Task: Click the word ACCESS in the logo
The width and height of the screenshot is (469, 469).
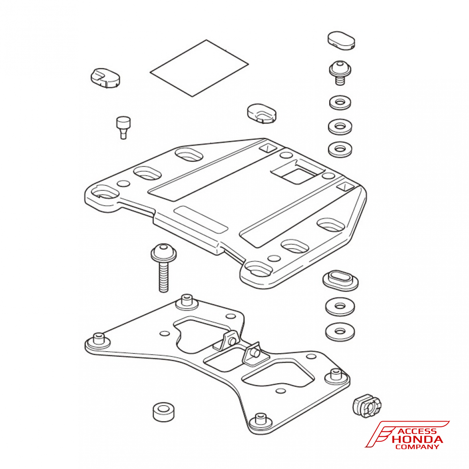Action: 417,431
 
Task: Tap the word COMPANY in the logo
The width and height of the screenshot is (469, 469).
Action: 417,447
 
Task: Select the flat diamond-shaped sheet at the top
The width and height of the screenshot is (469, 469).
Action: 199,68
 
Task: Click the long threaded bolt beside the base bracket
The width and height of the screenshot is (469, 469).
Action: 163,268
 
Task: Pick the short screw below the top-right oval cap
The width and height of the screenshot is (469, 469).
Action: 340,73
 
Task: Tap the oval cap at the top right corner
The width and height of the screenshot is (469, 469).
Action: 341,40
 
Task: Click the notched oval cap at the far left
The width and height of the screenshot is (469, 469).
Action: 105,78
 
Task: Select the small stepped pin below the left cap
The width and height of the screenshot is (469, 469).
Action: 123,128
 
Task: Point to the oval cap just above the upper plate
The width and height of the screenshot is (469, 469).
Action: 262,113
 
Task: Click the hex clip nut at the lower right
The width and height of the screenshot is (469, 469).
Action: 367,406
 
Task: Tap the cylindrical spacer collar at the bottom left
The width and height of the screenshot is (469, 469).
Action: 163,412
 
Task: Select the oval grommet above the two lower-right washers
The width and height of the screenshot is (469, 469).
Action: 340,280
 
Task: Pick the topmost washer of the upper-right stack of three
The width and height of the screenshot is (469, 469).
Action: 340,103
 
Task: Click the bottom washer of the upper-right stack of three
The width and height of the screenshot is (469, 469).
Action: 340,149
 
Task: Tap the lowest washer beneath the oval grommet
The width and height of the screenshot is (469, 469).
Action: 340,332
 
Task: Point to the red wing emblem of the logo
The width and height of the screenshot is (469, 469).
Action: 381,434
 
